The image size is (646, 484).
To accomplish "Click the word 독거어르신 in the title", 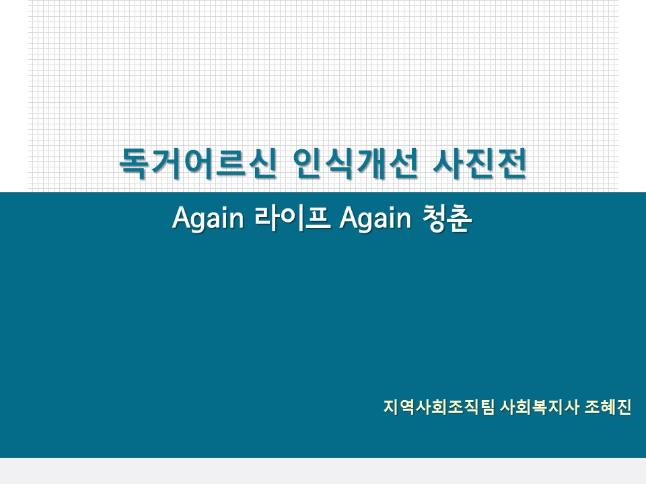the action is [197, 163].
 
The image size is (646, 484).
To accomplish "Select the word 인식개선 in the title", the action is [355, 163].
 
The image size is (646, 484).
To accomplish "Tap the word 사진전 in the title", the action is [480, 163].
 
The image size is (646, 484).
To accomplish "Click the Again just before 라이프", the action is [208, 218].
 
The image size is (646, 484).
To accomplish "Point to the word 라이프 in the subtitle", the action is [293, 217].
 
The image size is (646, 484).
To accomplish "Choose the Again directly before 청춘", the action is [375, 218].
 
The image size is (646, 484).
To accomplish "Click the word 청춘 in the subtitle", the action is [447, 218].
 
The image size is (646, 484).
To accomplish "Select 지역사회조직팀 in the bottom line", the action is [439, 407].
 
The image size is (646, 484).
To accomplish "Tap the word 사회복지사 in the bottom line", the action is [540, 407].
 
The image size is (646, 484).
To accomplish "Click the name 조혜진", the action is [608, 407].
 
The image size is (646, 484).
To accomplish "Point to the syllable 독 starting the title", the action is [133, 163].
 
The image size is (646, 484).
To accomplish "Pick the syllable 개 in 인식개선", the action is [371, 163].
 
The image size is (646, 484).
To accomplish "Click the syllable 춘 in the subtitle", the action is [460, 218].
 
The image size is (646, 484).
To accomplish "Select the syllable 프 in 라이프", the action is [318, 217].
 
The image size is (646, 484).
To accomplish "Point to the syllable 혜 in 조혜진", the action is [608, 407].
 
